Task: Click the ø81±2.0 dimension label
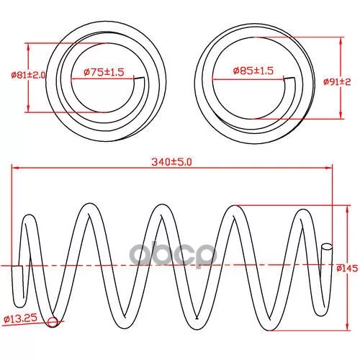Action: (x=28, y=75)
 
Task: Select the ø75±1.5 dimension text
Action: (x=104, y=72)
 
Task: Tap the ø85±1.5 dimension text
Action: (x=253, y=71)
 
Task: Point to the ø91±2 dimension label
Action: (x=337, y=82)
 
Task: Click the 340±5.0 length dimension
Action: (x=171, y=162)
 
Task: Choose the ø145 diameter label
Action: (x=347, y=268)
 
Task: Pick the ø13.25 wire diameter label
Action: (x=21, y=318)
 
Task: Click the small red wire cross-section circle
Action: (x=53, y=322)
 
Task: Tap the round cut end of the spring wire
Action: (x=327, y=246)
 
